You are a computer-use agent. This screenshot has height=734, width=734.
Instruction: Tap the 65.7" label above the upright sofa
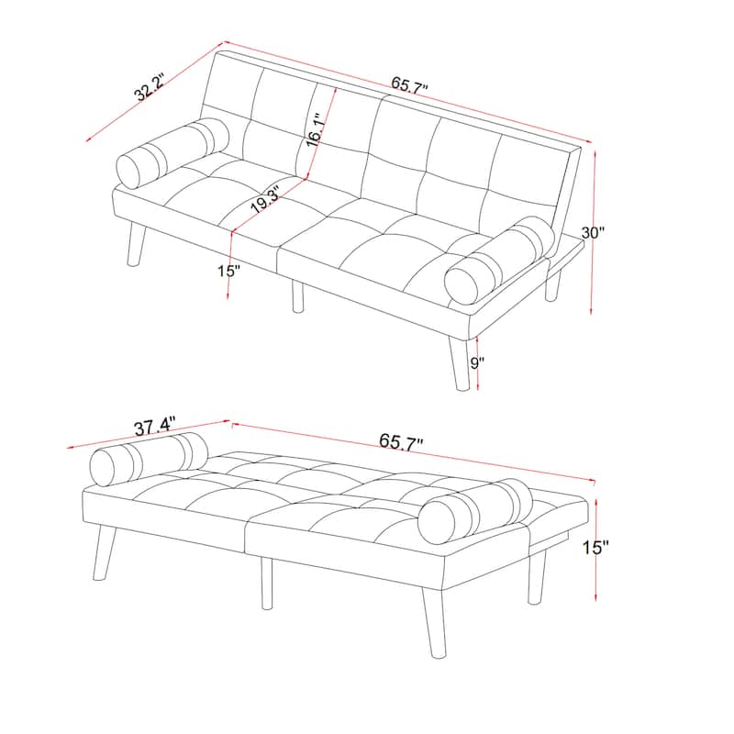[410, 84]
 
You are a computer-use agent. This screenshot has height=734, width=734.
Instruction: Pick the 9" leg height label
[474, 361]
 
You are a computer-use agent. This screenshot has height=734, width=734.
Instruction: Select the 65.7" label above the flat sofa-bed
[401, 440]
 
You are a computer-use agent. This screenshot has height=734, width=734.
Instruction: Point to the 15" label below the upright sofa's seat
[228, 271]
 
